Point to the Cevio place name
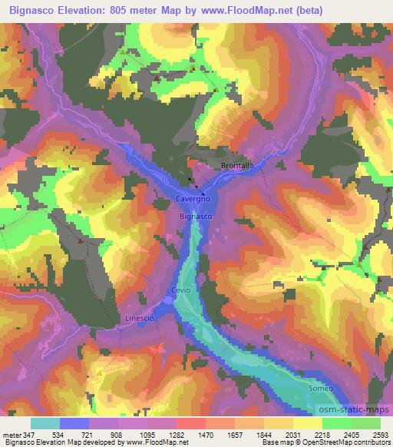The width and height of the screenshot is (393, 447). tap(180, 290)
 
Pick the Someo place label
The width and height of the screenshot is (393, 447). tap(322, 389)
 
